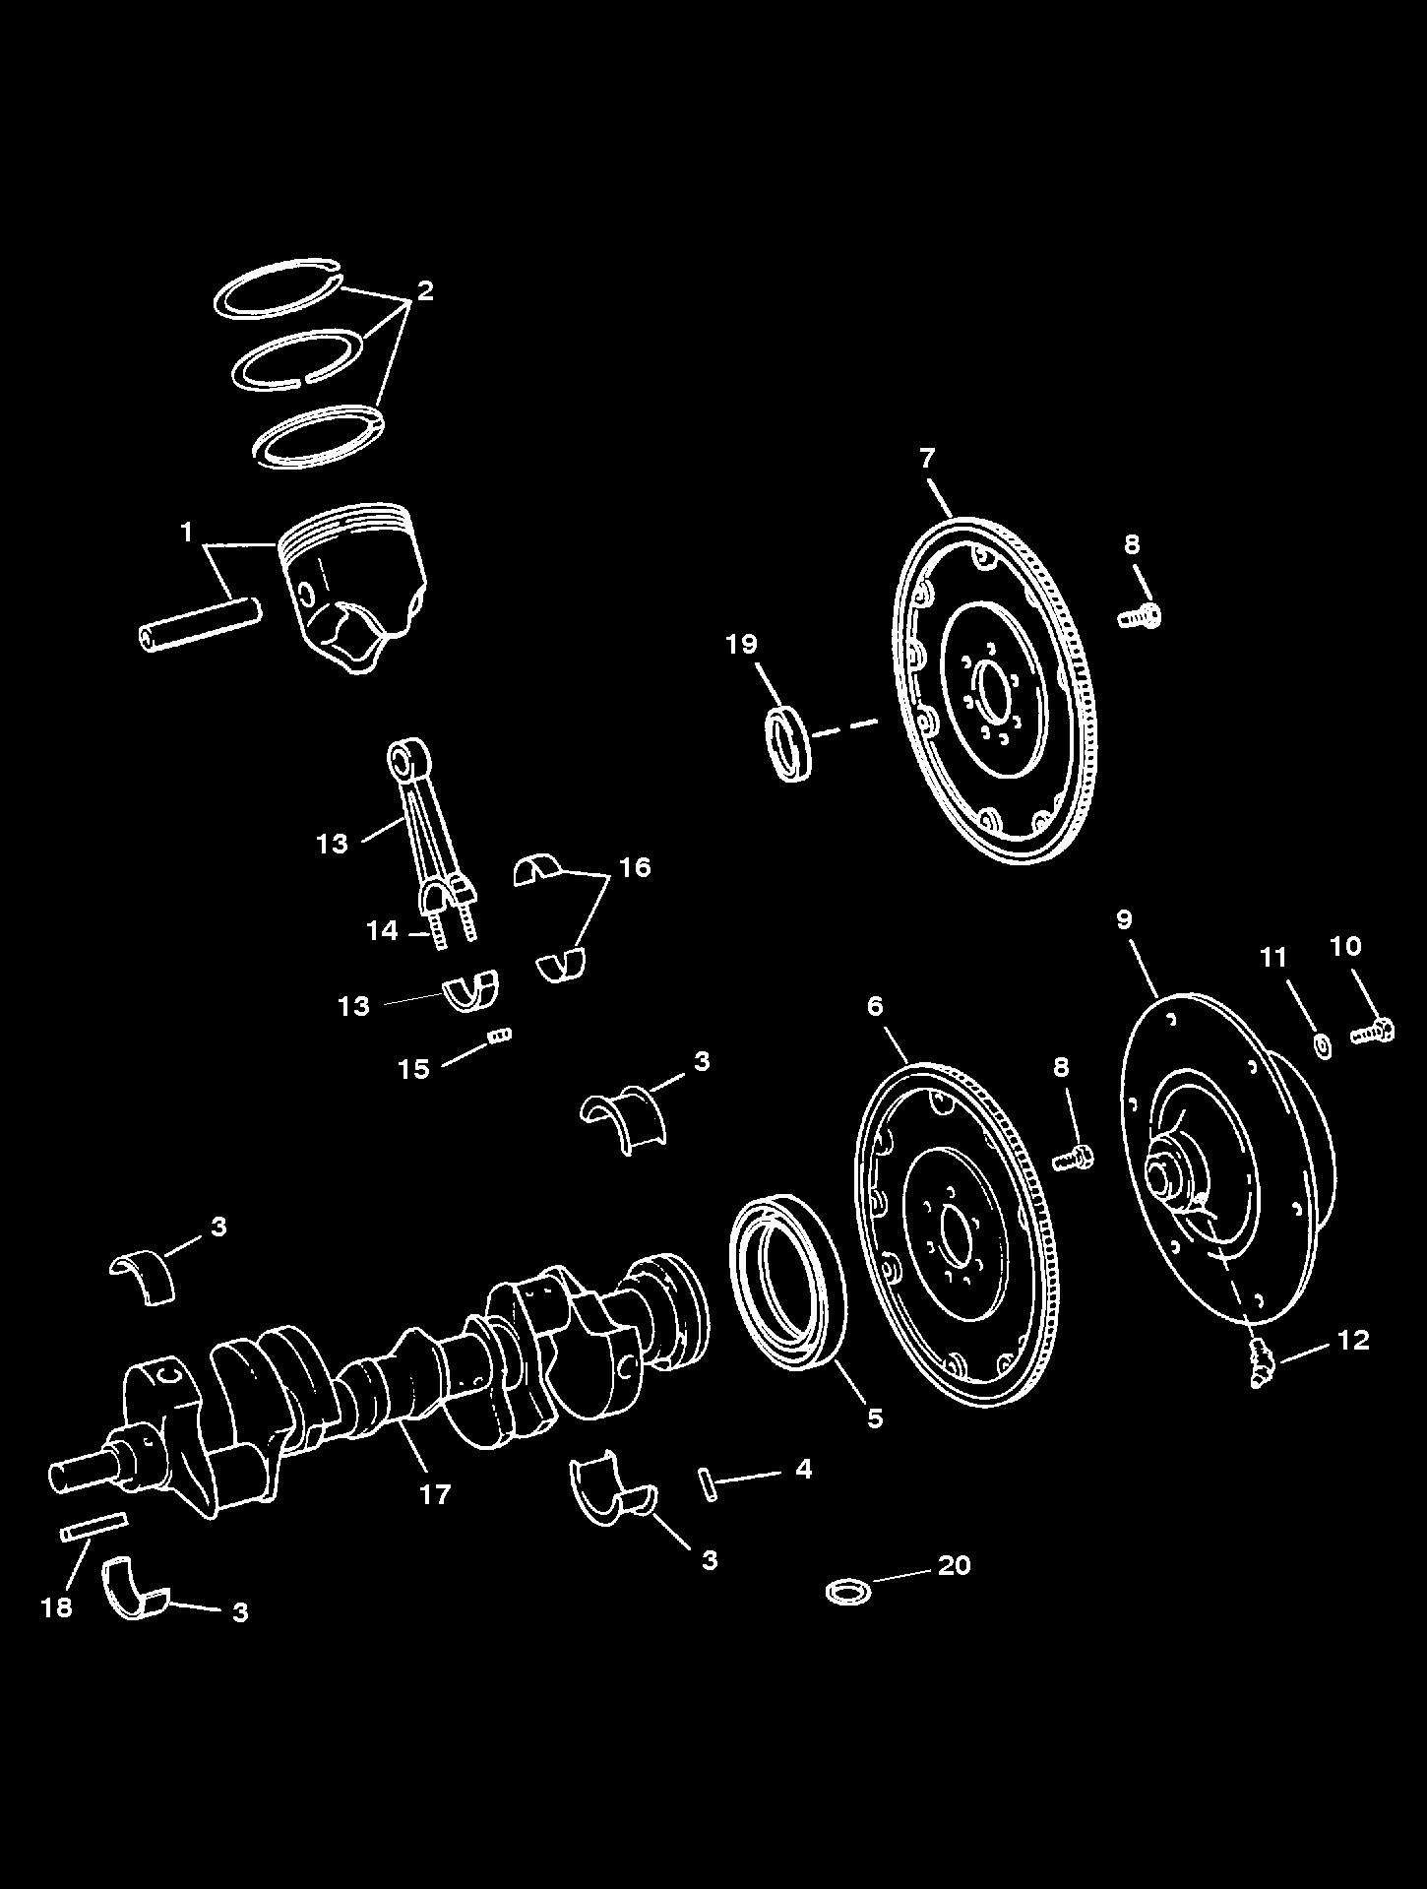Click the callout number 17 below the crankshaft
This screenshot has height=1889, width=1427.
(x=434, y=1493)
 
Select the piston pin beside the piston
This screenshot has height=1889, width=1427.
(x=199, y=623)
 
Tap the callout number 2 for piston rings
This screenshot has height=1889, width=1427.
(x=424, y=290)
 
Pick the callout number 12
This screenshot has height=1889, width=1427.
(x=1353, y=1340)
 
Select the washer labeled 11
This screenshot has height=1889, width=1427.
(x=1324, y=1044)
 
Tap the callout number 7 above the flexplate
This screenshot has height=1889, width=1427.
(x=926, y=458)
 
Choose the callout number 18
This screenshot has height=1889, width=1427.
(x=57, y=1607)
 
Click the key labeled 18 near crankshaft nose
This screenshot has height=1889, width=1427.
(x=93, y=1527)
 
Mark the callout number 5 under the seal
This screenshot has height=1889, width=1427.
(x=874, y=1417)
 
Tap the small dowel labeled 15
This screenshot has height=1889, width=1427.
(x=501, y=1035)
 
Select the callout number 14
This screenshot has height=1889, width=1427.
(x=383, y=929)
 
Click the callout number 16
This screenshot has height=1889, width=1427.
(x=635, y=866)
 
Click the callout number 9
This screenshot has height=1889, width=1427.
(x=1124, y=919)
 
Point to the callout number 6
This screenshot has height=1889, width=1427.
(x=874, y=1006)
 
